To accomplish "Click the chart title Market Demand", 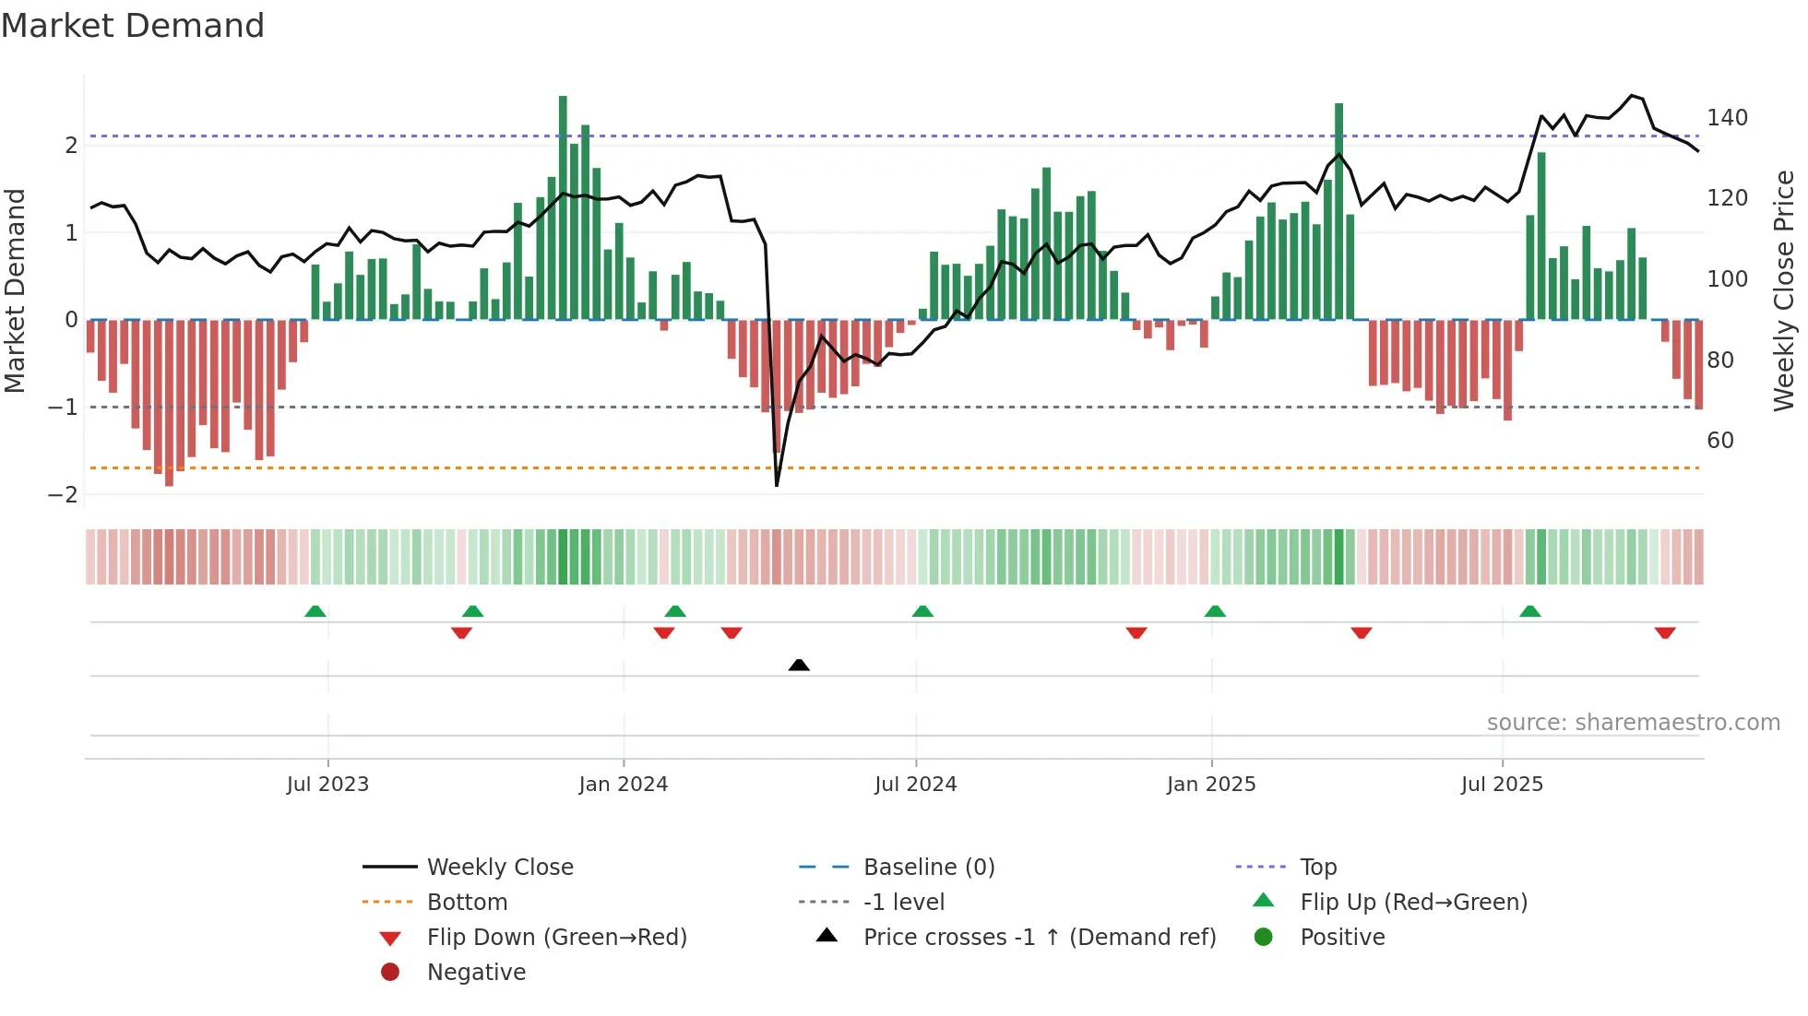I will click(x=133, y=26).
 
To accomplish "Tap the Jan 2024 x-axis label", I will click(x=623, y=785).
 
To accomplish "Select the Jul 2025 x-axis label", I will click(x=1501, y=785).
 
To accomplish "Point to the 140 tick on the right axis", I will click(x=1727, y=118).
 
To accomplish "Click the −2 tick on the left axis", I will click(x=63, y=495).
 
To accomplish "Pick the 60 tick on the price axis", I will click(x=1719, y=441).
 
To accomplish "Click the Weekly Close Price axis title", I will click(x=1784, y=290).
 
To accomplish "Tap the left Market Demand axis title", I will click(x=16, y=290).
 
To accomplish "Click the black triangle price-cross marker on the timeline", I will click(x=799, y=665).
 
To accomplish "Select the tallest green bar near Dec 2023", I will click(x=563, y=207).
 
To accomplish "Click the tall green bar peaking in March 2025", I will click(x=1338, y=212).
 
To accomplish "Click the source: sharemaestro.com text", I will click(x=1633, y=723).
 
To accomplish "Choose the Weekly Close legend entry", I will click(x=499, y=868).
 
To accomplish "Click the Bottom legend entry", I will click(x=467, y=903).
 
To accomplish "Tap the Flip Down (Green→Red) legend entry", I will click(x=556, y=938).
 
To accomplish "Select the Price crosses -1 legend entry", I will click(x=1039, y=938).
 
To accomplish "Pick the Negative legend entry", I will click(x=476, y=973).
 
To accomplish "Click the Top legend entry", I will click(x=1317, y=868).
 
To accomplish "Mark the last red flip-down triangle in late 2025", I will click(x=1664, y=632).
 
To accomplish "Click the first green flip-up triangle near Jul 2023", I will click(x=315, y=611).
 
